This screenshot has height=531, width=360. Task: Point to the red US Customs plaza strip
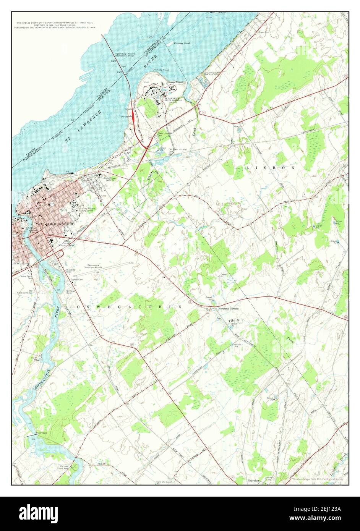132,119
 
